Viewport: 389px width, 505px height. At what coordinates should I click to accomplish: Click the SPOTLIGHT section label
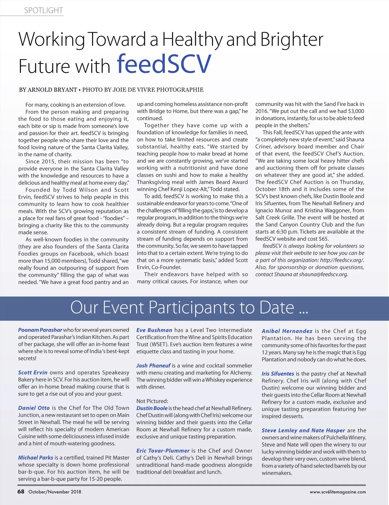43,10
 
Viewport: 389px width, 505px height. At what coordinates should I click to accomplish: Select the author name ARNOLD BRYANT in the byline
52,90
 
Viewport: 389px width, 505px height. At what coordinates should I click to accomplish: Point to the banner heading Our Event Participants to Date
189,307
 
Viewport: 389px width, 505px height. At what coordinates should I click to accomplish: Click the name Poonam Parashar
40,330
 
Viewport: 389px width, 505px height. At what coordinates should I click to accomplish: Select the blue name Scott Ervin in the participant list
32,372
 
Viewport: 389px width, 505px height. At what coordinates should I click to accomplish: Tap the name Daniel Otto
34,408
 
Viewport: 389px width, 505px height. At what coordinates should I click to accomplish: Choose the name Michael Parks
35,458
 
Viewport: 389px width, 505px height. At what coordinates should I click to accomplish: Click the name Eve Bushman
154,330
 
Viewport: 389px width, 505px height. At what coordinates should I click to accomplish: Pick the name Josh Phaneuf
153,366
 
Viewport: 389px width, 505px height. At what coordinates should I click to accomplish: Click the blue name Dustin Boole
152,408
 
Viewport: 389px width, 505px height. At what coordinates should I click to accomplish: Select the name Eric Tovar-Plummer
163,451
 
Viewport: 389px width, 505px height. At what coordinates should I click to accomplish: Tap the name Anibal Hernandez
287,331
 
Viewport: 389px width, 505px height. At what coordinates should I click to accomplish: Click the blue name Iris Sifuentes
278,373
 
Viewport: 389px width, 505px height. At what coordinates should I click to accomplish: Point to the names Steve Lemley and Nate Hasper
303,430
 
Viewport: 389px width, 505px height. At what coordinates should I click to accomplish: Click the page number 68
21,491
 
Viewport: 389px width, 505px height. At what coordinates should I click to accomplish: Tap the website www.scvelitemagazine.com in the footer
337,492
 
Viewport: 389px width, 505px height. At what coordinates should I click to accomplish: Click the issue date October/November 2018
55,492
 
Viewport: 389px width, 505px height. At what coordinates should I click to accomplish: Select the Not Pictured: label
152,401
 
